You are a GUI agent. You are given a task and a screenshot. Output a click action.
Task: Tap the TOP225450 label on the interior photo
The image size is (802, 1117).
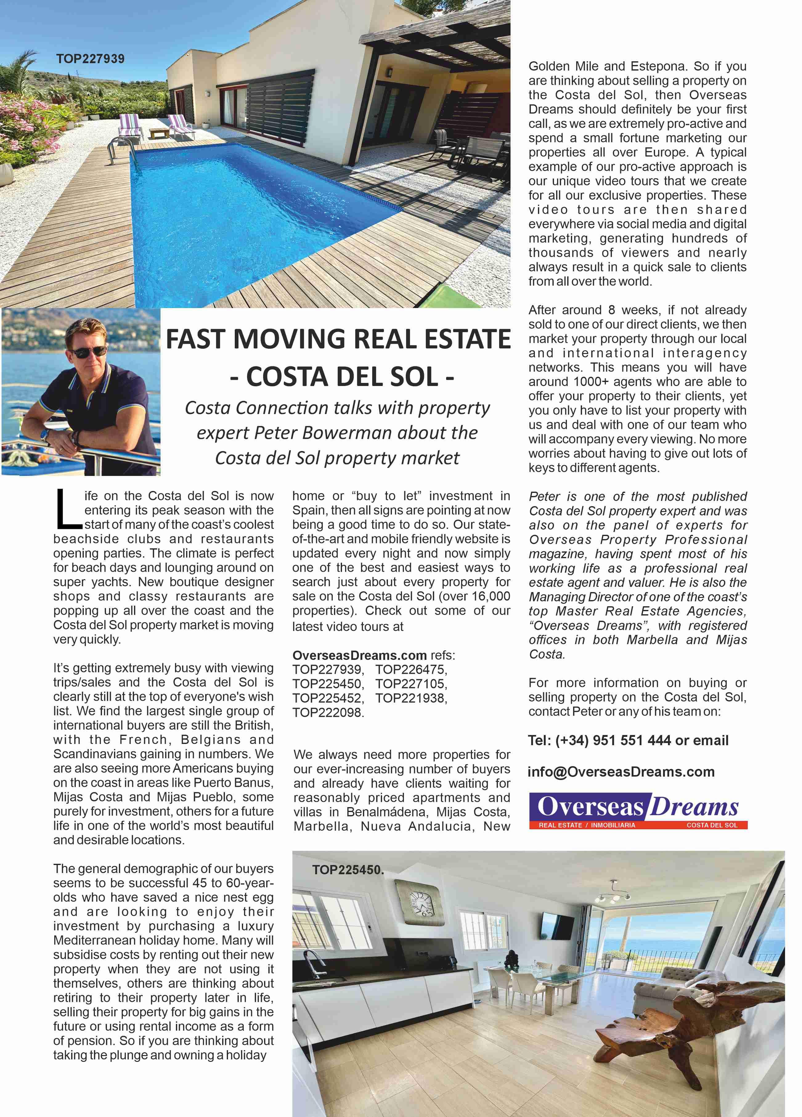(x=347, y=870)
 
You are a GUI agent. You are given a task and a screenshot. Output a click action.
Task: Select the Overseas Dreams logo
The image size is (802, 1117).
(x=638, y=811)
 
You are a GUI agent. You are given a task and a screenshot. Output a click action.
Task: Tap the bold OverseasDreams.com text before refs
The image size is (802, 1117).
(x=359, y=656)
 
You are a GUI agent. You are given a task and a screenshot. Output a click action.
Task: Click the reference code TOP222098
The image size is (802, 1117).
(x=328, y=713)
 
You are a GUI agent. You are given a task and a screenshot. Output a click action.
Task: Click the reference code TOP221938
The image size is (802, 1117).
(x=411, y=698)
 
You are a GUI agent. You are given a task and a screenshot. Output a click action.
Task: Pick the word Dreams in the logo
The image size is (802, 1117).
(x=693, y=807)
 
